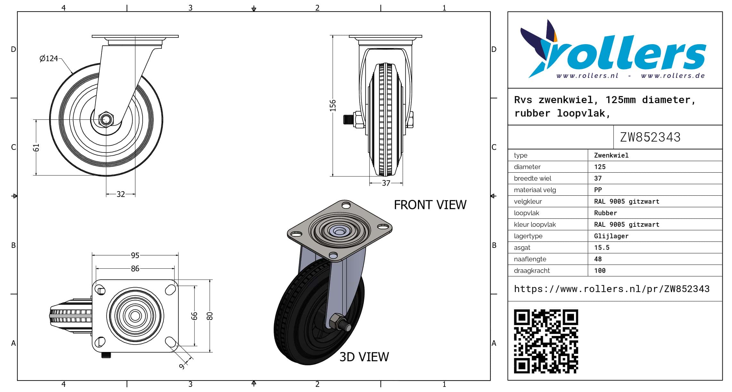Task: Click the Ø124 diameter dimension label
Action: click(x=49, y=58)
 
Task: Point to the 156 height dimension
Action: click(x=333, y=106)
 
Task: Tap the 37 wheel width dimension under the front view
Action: click(x=386, y=183)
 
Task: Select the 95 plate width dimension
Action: click(x=135, y=255)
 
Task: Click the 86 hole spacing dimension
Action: click(x=135, y=268)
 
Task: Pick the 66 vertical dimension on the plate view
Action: click(x=194, y=316)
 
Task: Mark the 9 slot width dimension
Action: click(x=182, y=366)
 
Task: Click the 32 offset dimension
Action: click(x=121, y=194)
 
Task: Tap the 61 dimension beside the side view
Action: click(x=36, y=148)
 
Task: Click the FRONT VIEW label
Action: click(x=430, y=205)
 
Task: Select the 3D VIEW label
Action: click(x=364, y=357)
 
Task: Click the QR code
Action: click(x=546, y=341)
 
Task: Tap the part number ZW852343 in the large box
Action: click(x=650, y=137)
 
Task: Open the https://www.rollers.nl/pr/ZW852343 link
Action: click(x=612, y=289)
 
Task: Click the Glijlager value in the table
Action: click(x=611, y=236)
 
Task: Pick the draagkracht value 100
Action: click(x=600, y=271)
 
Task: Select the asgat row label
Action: click(x=522, y=248)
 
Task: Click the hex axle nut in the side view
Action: click(x=105, y=119)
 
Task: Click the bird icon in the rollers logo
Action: click(x=540, y=48)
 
